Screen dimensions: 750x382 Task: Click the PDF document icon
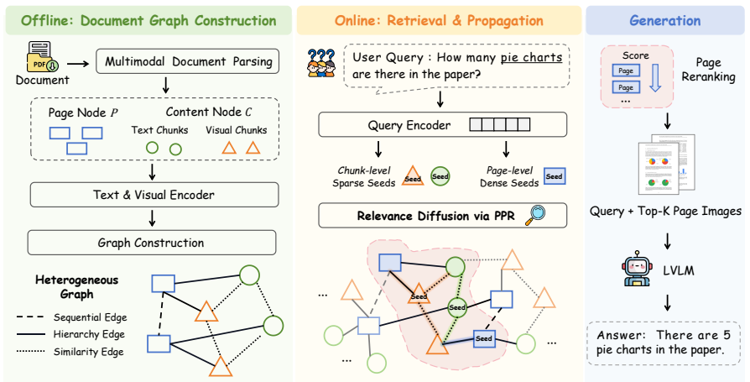click(x=39, y=57)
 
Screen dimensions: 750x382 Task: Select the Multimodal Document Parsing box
click(x=188, y=61)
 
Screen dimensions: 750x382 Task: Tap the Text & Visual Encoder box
click(x=154, y=195)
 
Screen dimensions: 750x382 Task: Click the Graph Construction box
click(x=152, y=243)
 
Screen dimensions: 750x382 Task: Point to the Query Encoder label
click(x=409, y=125)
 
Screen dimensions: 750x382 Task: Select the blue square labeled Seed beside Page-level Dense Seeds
click(x=555, y=176)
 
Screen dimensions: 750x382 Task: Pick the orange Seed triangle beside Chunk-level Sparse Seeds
click(x=412, y=175)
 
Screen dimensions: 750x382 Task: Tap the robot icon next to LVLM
click(x=637, y=269)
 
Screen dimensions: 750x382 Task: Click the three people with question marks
click(x=321, y=63)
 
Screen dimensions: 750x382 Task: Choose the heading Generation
click(x=665, y=21)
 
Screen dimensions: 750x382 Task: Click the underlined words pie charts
click(x=531, y=58)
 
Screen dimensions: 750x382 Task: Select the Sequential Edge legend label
click(x=91, y=317)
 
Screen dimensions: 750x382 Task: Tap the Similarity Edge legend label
click(x=88, y=352)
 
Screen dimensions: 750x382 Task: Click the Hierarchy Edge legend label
click(x=89, y=334)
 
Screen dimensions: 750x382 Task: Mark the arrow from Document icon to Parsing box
click(x=78, y=63)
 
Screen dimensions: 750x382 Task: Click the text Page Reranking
click(x=708, y=70)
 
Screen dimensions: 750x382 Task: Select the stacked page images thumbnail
click(x=666, y=165)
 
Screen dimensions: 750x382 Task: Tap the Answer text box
click(x=664, y=343)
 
